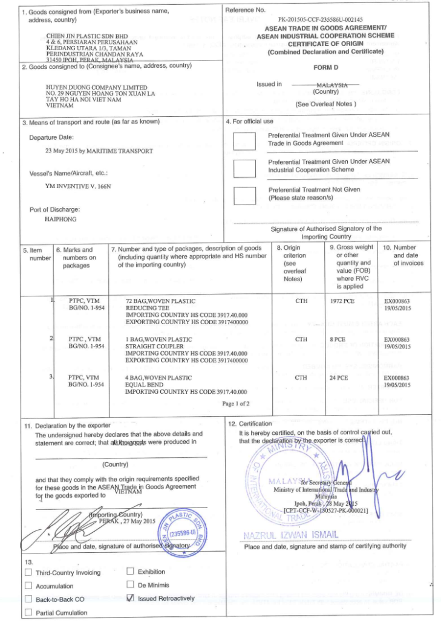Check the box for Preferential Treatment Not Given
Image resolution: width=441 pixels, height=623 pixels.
point(244,195)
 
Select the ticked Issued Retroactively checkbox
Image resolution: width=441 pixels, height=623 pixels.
point(130,598)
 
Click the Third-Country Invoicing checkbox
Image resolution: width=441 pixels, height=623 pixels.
point(28,572)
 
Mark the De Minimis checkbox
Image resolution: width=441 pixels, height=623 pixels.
point(130,585)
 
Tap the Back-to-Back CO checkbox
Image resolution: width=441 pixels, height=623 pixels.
point(28,599)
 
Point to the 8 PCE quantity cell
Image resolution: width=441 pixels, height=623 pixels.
point(338,340)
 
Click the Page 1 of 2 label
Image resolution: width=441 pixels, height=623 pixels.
point(236,403)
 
